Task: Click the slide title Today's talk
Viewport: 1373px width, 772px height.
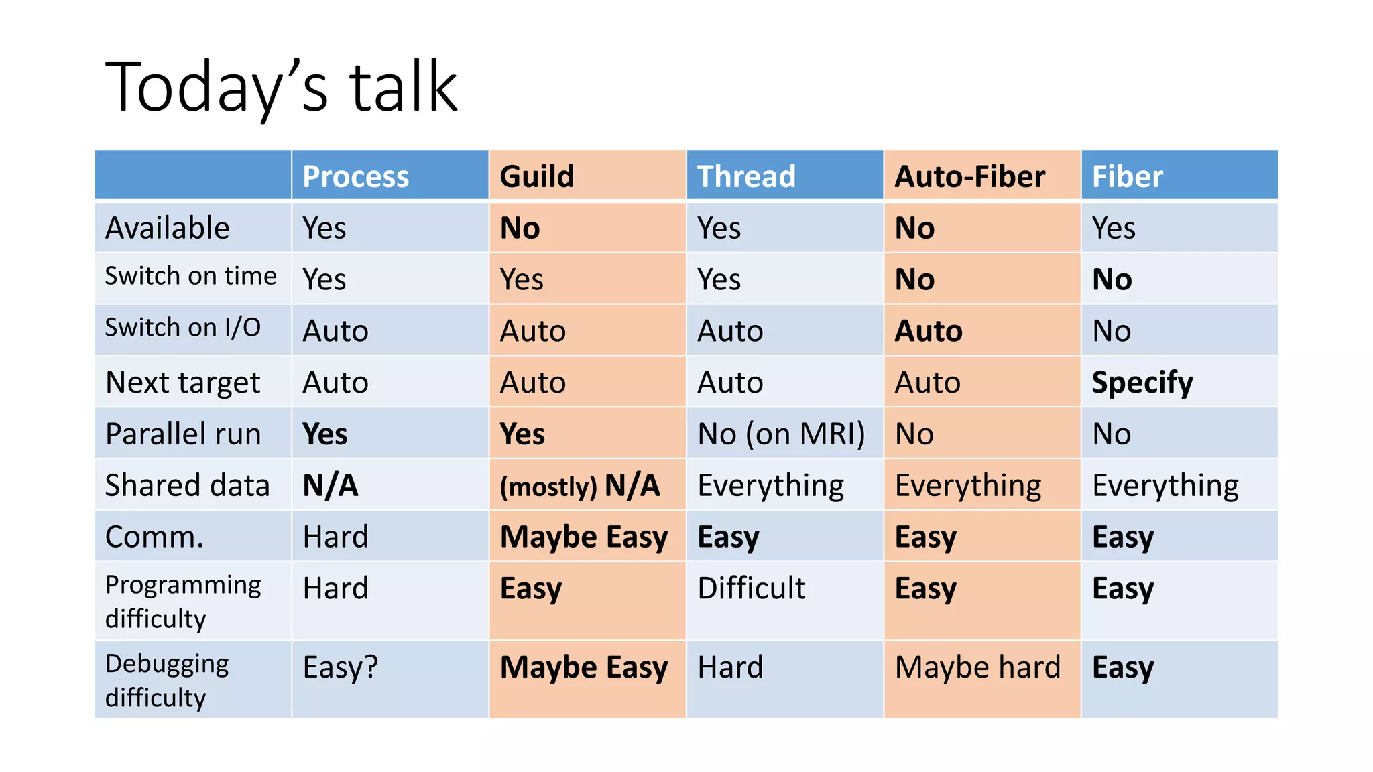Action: (282, 87)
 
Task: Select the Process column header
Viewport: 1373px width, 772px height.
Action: (355, 176)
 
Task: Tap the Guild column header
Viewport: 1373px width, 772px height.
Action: (537, 176)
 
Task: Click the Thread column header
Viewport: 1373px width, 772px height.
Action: (746, 176)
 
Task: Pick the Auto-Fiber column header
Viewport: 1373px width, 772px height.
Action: (969, 176)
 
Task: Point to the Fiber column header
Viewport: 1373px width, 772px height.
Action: (1127, 176)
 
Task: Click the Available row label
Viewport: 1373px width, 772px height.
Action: (168, 228)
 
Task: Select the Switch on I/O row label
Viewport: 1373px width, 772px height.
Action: (183, 328)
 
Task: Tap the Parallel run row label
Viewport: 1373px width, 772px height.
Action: (183, 434)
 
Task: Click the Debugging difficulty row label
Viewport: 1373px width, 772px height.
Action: (168, 680)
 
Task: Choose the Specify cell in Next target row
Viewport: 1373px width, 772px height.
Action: (1142, 383)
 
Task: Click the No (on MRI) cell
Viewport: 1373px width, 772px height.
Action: (781, 434)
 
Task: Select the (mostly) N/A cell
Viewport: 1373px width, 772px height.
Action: (580, 485)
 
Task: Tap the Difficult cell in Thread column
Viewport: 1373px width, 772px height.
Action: (751, 588)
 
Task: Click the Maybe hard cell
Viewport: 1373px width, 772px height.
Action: (977, 667)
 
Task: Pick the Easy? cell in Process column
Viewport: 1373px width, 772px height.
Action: (340, 667)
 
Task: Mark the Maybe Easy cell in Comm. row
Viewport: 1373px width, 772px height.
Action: (584, 537)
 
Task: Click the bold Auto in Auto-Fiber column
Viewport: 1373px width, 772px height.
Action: (929, 331)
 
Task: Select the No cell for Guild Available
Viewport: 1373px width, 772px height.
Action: (520, 228)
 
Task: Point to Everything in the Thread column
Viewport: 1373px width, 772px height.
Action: (770, 485)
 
